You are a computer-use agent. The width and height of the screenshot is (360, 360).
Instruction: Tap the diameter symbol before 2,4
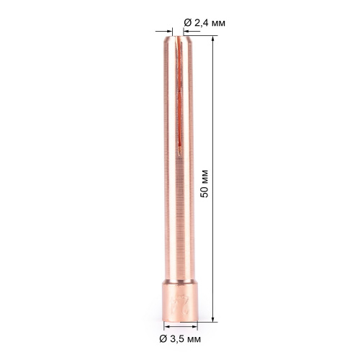click(x=188, y=23)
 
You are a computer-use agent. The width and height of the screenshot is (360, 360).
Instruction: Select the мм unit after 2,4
click(x=217, y=23)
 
